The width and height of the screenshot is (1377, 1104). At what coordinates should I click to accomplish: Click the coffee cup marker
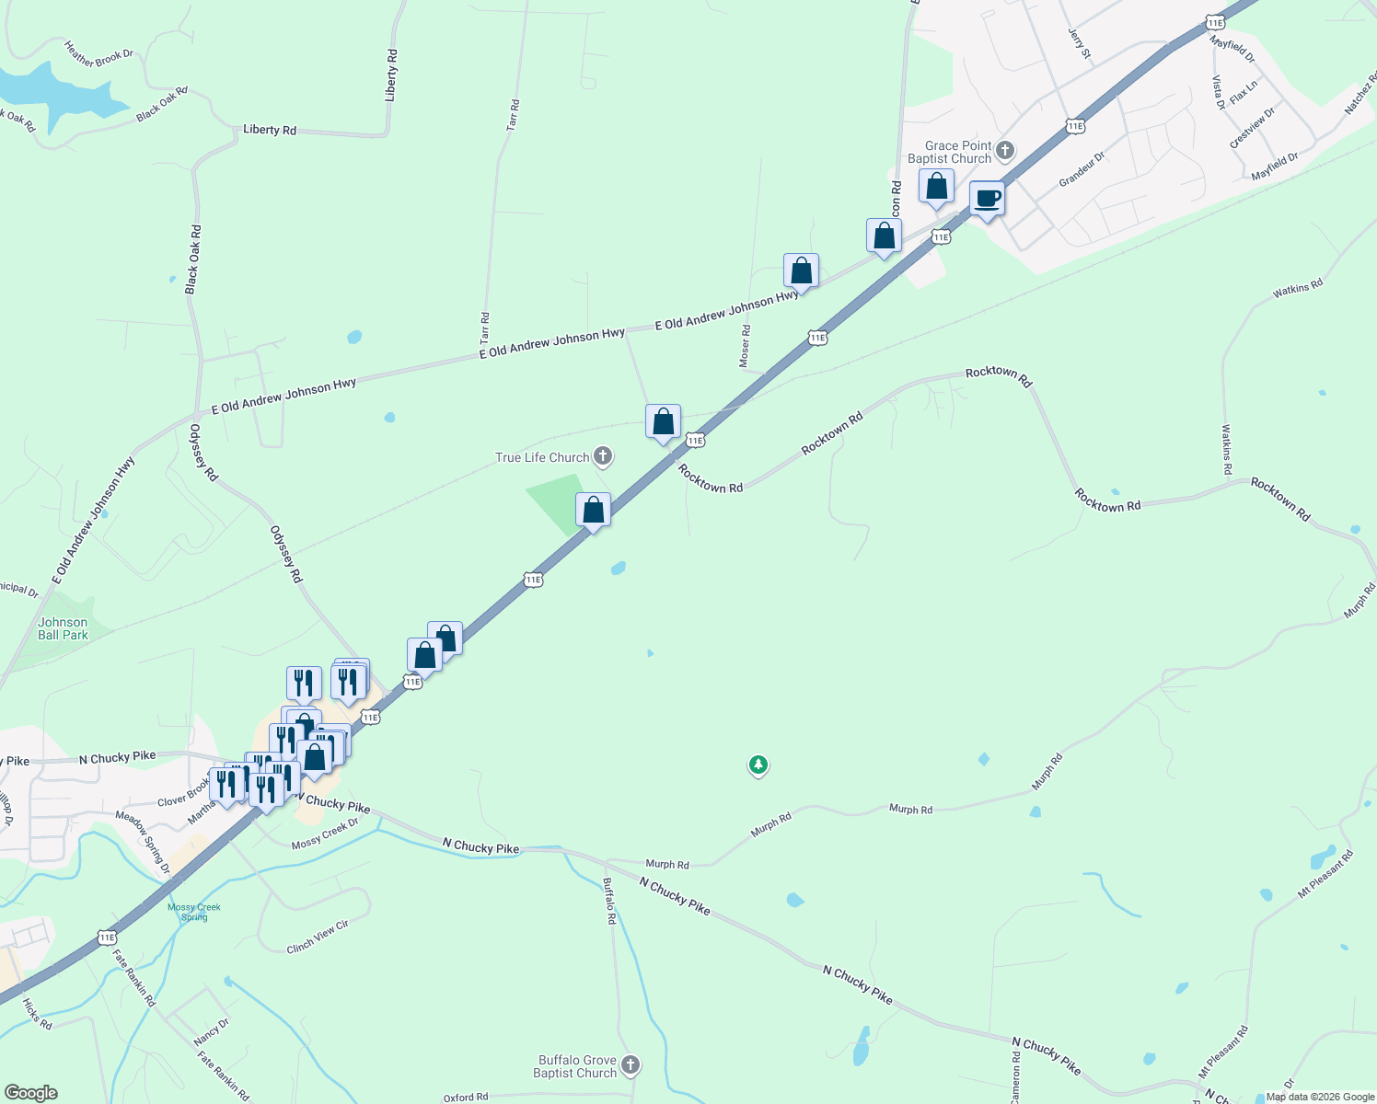coord(987,200)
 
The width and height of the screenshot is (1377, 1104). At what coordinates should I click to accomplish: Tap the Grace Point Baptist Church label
coord(950,152)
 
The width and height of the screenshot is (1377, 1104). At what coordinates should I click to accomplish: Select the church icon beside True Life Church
coord(603,456)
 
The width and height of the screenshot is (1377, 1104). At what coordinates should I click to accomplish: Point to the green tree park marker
coord(758,765)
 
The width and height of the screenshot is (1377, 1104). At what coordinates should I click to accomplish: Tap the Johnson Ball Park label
coord(63,628)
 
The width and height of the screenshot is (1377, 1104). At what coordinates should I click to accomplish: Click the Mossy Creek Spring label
coord(194,912)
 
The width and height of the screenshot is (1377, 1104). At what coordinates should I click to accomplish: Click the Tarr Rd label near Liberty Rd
coord(513,115)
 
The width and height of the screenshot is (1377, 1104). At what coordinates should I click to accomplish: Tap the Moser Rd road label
coord(745,346)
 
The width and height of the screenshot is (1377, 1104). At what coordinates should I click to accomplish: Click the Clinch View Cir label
coord(318,937)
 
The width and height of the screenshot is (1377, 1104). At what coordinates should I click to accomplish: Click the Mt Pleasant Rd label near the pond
coord(1325,874)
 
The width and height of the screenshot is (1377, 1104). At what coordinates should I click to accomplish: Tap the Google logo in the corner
coord(30,1093)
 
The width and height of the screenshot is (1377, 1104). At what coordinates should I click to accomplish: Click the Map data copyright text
coord(1319,1097)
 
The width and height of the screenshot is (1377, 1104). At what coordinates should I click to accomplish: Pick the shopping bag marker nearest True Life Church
coord(593,511)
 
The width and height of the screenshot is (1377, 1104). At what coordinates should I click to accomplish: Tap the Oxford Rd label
coord(466,1097)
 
